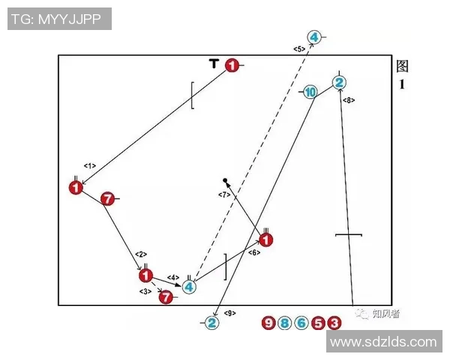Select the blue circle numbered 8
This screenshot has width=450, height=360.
point(285,323)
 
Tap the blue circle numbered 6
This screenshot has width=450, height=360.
point(301,323)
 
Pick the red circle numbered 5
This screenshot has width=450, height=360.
point(318,323)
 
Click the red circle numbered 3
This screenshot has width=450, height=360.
point(334,323)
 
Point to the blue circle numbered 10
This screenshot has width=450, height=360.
point(310,91)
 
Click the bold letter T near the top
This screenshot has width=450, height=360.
point(214,64)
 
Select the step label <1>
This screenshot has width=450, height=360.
point(90,165)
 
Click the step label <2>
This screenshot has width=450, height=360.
point(140,254)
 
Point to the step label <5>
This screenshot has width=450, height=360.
point(298,49)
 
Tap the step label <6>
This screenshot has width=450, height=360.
point(254,253)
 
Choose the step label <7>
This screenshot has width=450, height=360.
point(224,195)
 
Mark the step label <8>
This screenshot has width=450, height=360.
point(349,100)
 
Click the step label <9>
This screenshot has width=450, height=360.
point(230,313)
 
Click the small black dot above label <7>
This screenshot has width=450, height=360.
point(225,181)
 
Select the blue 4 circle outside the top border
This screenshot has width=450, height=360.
point(314,37)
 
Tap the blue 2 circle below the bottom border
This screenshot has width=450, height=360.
point(211,322)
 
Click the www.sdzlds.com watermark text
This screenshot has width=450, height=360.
point(383,342)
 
